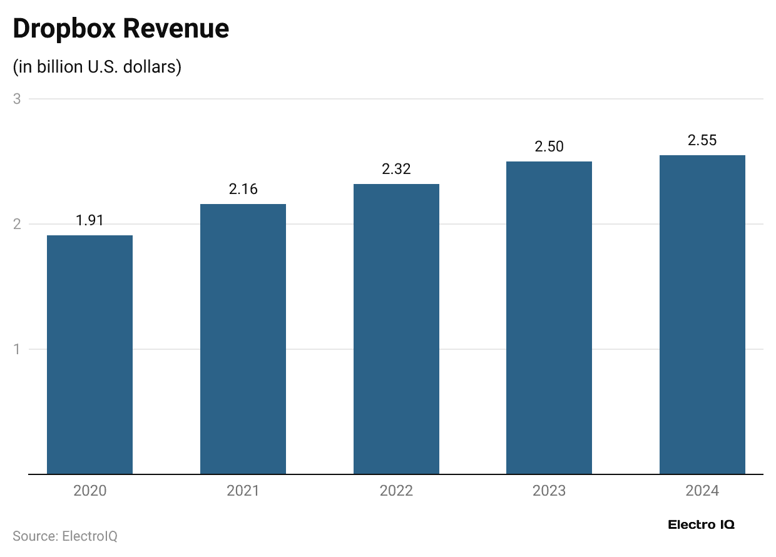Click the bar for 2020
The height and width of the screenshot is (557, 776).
pyautogui.click(x=89, y=355)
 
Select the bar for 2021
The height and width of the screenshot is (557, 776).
pyautogui.click(x=243, y=339)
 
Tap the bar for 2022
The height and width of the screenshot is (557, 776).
pyautogui.click(x=396, y=329)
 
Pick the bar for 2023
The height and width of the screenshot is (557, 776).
pyautogui.click(x=549, y=318)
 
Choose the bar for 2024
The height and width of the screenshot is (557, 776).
pyautogui.click(x=702, y=315)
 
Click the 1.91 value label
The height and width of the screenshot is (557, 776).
pyautogui.click(x=89, y=220)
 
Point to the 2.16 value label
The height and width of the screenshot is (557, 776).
pyautogui.click(x=243, y=189)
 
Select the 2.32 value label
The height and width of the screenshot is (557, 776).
pyautogui.click(x=396, y=169)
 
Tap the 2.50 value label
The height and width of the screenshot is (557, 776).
pyautogui.click(x=549, y=146)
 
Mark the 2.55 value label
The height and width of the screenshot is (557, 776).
pyautogui.click(x=702, y=140)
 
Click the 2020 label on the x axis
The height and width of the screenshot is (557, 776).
pyautogui.click(x=89, y=491)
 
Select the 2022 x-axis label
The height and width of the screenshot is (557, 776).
pyautogui.click(x=396, y=491)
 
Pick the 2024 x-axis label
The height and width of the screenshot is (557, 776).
pyautogui.click(x=702, y=491)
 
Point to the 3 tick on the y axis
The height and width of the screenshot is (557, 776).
pyautogui.click(x=18, y=99)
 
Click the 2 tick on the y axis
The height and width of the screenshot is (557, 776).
pyautogui.click(x=18, y=224)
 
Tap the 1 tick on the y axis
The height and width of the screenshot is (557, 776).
pyautogui.click(x=18, y=349)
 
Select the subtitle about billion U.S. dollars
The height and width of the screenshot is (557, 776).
pyautogui.click(x=97, y=66)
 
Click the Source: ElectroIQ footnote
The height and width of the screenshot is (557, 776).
pyautogui.click(x=65, y=536)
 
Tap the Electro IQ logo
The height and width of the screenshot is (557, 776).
pyautogui.click(x=701, y=524)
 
